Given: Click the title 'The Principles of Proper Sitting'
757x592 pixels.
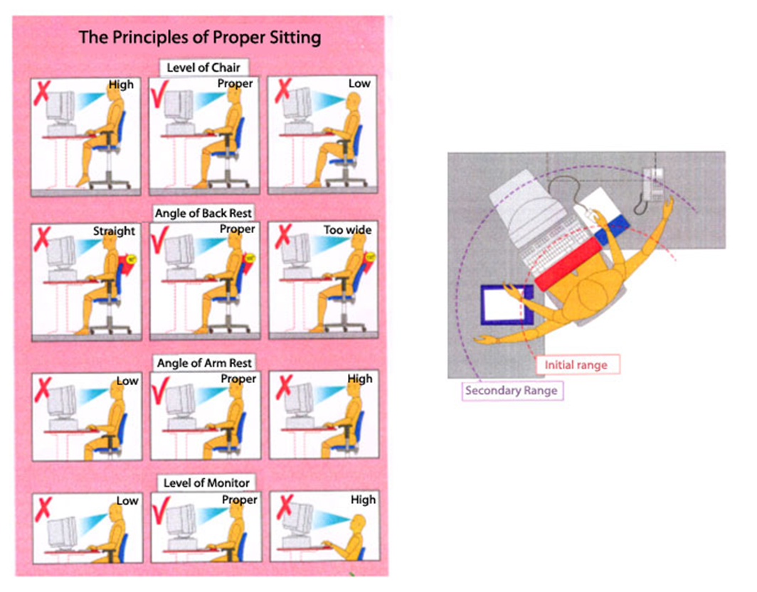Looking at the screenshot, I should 199,37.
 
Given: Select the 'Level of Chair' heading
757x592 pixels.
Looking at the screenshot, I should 203,68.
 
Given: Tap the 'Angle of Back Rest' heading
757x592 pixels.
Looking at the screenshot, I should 203,212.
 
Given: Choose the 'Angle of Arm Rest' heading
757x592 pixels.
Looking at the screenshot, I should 204,362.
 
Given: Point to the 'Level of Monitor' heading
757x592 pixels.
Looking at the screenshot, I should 206,483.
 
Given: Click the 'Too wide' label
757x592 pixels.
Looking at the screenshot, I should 348,230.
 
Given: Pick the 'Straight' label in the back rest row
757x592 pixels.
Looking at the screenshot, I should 114,231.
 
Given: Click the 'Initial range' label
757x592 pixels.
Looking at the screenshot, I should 576,365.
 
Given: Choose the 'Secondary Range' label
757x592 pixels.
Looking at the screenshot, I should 510,390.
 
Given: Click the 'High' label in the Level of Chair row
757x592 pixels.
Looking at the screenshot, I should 121,85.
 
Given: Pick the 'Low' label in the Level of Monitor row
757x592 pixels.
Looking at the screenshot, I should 127,500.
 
